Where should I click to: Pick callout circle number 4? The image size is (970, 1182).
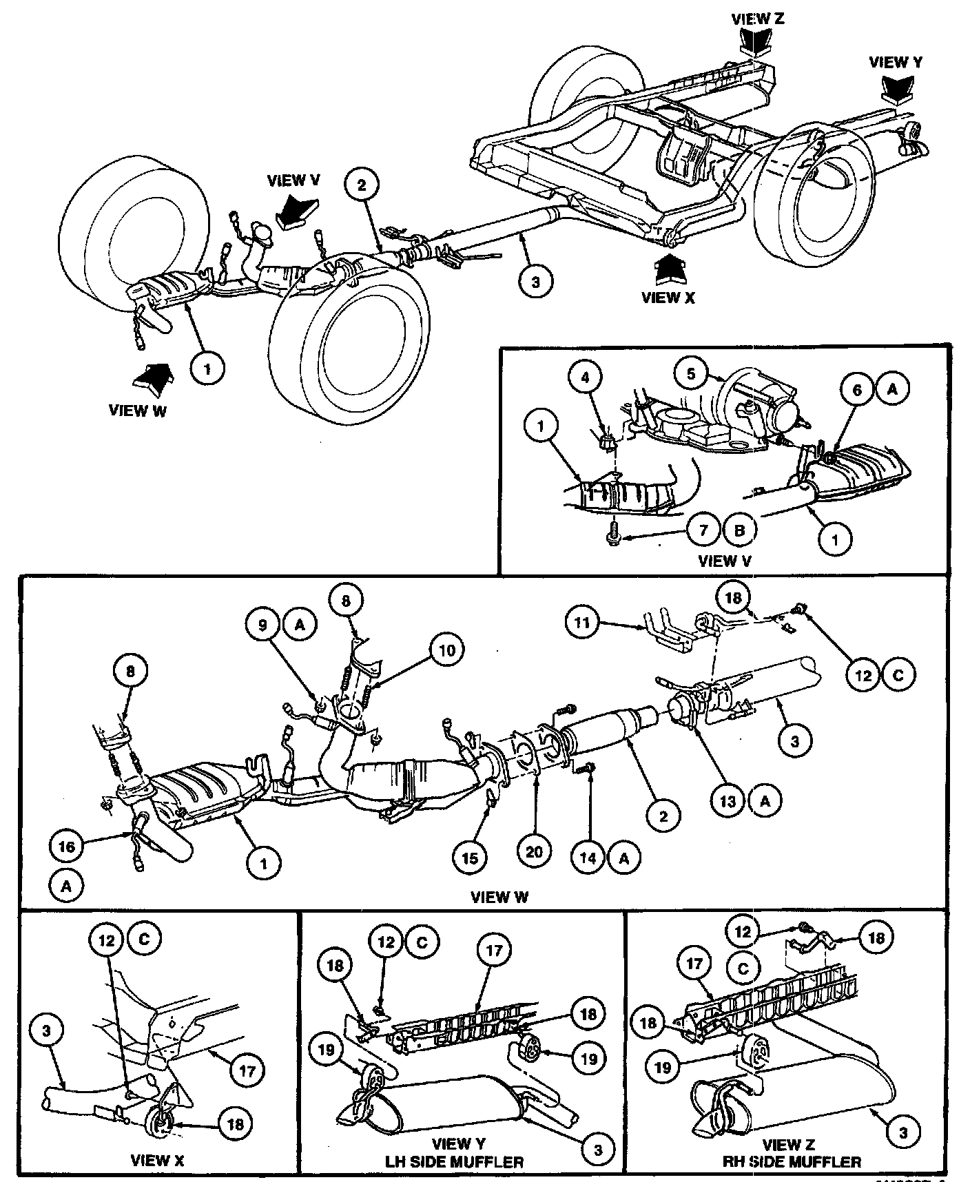(586, 377)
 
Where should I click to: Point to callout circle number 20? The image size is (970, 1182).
(534, 852)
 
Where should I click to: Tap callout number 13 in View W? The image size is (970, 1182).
(728, 801)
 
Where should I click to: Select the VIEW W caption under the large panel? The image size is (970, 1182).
(499, 897)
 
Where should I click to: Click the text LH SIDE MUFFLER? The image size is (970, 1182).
(455, 1162)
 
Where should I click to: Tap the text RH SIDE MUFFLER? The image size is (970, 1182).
(791, 1162)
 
